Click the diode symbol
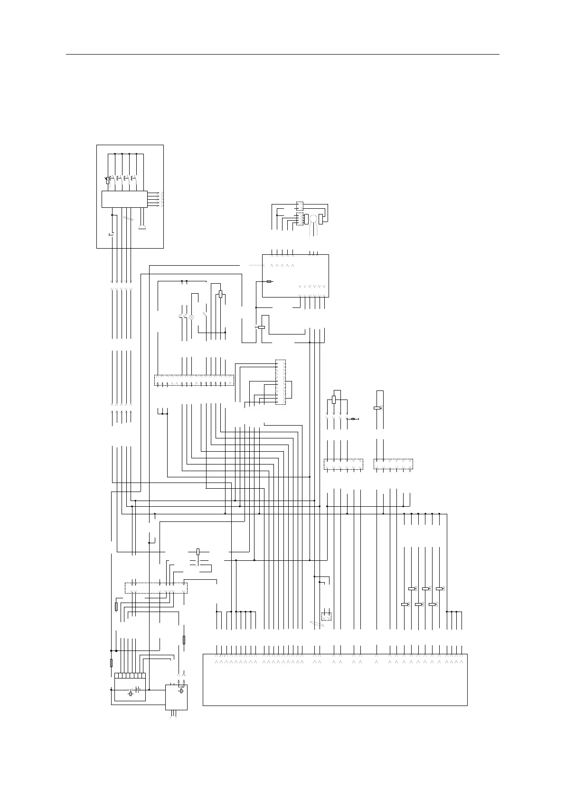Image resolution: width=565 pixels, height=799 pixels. [353, 419]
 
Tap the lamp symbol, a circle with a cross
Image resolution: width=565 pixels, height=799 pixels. [191, 316]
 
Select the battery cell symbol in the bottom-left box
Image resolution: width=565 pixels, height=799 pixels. [137, 689]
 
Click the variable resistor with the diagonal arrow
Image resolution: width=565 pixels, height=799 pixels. [107, 180]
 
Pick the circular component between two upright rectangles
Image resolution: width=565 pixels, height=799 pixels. [313, 219]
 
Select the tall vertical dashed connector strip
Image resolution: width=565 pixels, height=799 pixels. [281, 382]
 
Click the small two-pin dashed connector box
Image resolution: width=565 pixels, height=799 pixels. [326, 616]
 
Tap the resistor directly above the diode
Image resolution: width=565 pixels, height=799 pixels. [334, 399]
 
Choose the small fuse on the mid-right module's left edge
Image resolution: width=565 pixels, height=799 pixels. [269, 281]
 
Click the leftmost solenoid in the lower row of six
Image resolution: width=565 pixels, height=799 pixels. [405, 604]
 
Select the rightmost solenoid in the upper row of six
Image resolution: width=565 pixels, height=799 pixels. [440, 589]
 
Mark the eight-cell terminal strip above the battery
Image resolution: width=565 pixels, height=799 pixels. [130, 676]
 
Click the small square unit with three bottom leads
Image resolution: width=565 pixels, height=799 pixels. [176, 697]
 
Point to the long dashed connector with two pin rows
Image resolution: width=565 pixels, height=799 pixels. [194, 380]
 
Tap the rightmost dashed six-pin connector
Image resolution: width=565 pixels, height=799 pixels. [393, 464]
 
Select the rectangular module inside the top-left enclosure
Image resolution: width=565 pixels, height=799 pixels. [123, 199]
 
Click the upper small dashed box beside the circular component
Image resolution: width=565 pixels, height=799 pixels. [300, 205]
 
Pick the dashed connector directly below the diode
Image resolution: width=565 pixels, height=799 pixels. [343, 464]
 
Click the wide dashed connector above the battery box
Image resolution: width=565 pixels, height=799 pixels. [156, 587]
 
